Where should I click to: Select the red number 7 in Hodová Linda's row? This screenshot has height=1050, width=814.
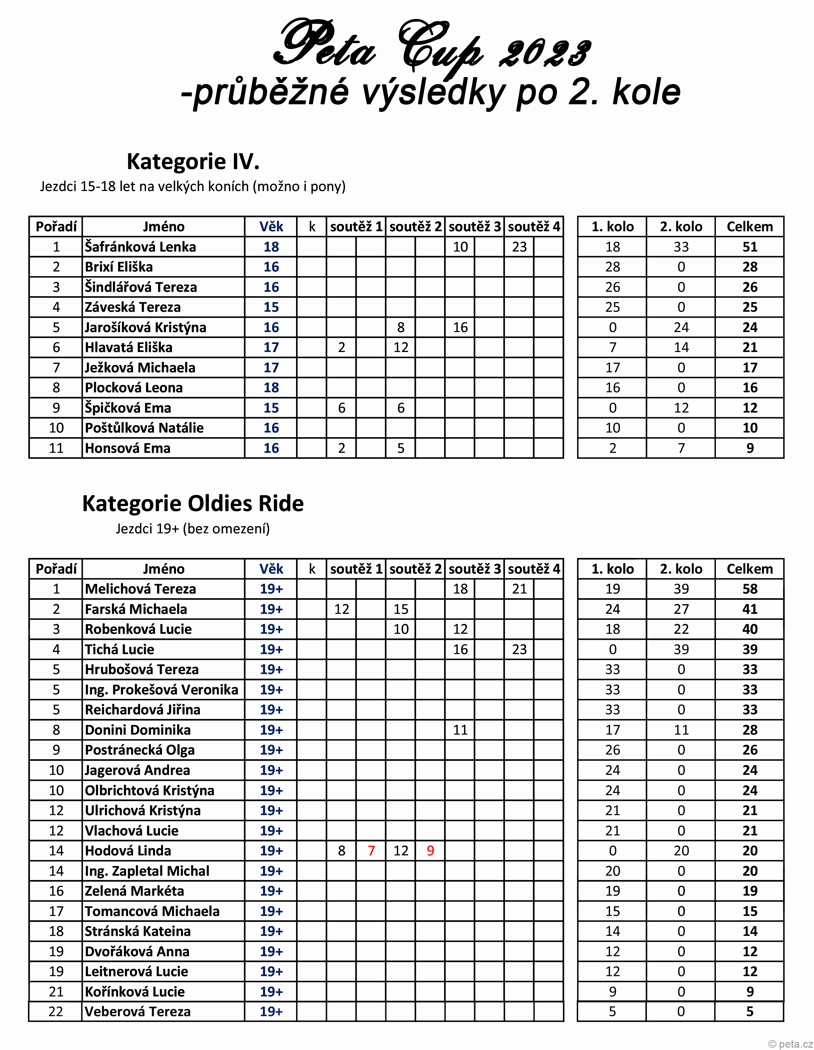coord(371,850)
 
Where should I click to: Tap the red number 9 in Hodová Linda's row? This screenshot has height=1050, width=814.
coord(430,850)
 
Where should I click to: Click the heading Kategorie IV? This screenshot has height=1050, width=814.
coord(193,162)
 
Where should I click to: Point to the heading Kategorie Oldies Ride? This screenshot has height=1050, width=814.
coord(193,503)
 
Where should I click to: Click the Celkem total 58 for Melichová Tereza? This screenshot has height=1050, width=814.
coord(749,589)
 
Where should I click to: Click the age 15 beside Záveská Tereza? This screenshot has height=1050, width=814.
coord(271,307)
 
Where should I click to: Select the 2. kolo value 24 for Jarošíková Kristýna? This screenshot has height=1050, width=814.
coord(681,327)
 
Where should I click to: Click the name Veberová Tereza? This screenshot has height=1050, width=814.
coord(138,1011)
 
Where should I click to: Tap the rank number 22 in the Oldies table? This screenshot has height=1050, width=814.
coord(56,1011)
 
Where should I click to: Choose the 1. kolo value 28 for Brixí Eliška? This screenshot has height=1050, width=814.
coord(612,267)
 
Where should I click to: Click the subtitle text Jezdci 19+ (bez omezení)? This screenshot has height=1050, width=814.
coord(193,529)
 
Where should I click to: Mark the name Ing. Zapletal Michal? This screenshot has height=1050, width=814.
coord(147,871)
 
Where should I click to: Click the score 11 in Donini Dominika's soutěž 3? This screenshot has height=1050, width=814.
coord(460,730)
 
